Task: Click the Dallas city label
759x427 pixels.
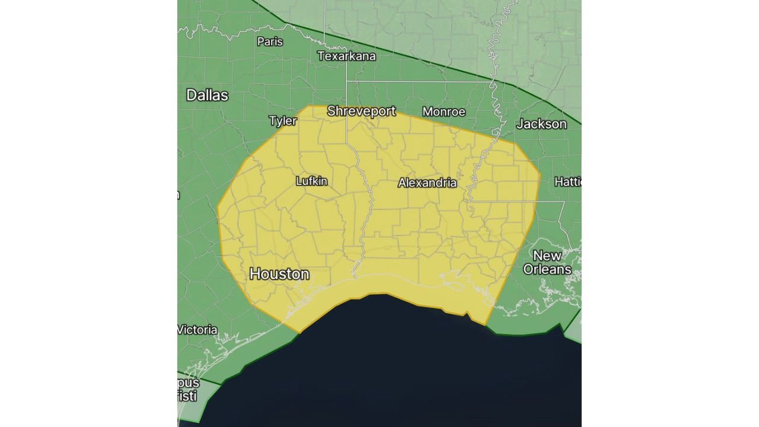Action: [x=207, y=95]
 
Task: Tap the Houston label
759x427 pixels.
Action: [x=279, y=274]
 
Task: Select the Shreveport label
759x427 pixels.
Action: [x=361, y=111]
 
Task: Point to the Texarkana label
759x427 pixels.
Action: [x=346, y=56]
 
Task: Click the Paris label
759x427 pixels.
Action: [x=270, y=42]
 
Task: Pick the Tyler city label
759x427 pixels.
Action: [x=283, y=121]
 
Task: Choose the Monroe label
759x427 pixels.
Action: [x=444, y=111]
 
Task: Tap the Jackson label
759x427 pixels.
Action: [x=541, y=124]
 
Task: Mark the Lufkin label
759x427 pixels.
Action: [x=311, y=181]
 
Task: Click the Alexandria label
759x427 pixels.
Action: [x=427, y=183]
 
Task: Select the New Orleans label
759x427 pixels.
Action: [x=547, y=262]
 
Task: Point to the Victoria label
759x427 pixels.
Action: [x=197, y=330]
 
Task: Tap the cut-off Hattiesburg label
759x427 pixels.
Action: [x=567, y=181]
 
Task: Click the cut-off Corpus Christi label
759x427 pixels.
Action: [x=188, y=389]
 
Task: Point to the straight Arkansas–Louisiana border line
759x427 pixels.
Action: [x=415, y=81]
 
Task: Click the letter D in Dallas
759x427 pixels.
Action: [x=192, y=95]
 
